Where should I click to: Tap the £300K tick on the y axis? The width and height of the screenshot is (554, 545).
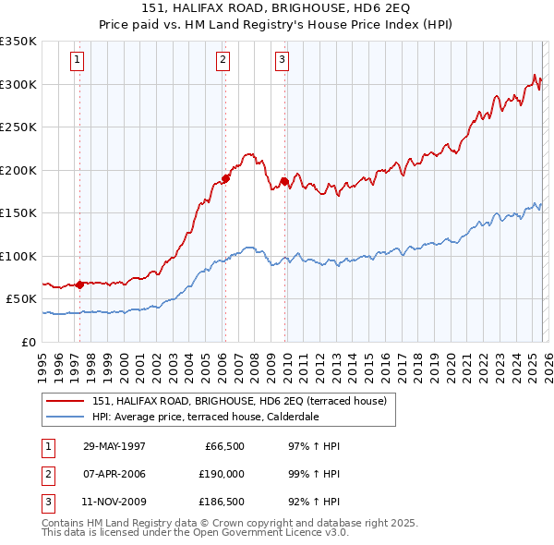(18, 84)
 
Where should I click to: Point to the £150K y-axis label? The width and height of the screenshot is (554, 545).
(18, 212)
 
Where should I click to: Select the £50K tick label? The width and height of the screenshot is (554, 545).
(22, 299)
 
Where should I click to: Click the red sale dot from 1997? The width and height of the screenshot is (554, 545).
(79, 285)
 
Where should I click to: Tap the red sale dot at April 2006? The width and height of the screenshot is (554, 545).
(225, 178)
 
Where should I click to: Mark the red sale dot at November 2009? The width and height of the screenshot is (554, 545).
(284, 181)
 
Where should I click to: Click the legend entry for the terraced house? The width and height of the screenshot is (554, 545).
(244, 401)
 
